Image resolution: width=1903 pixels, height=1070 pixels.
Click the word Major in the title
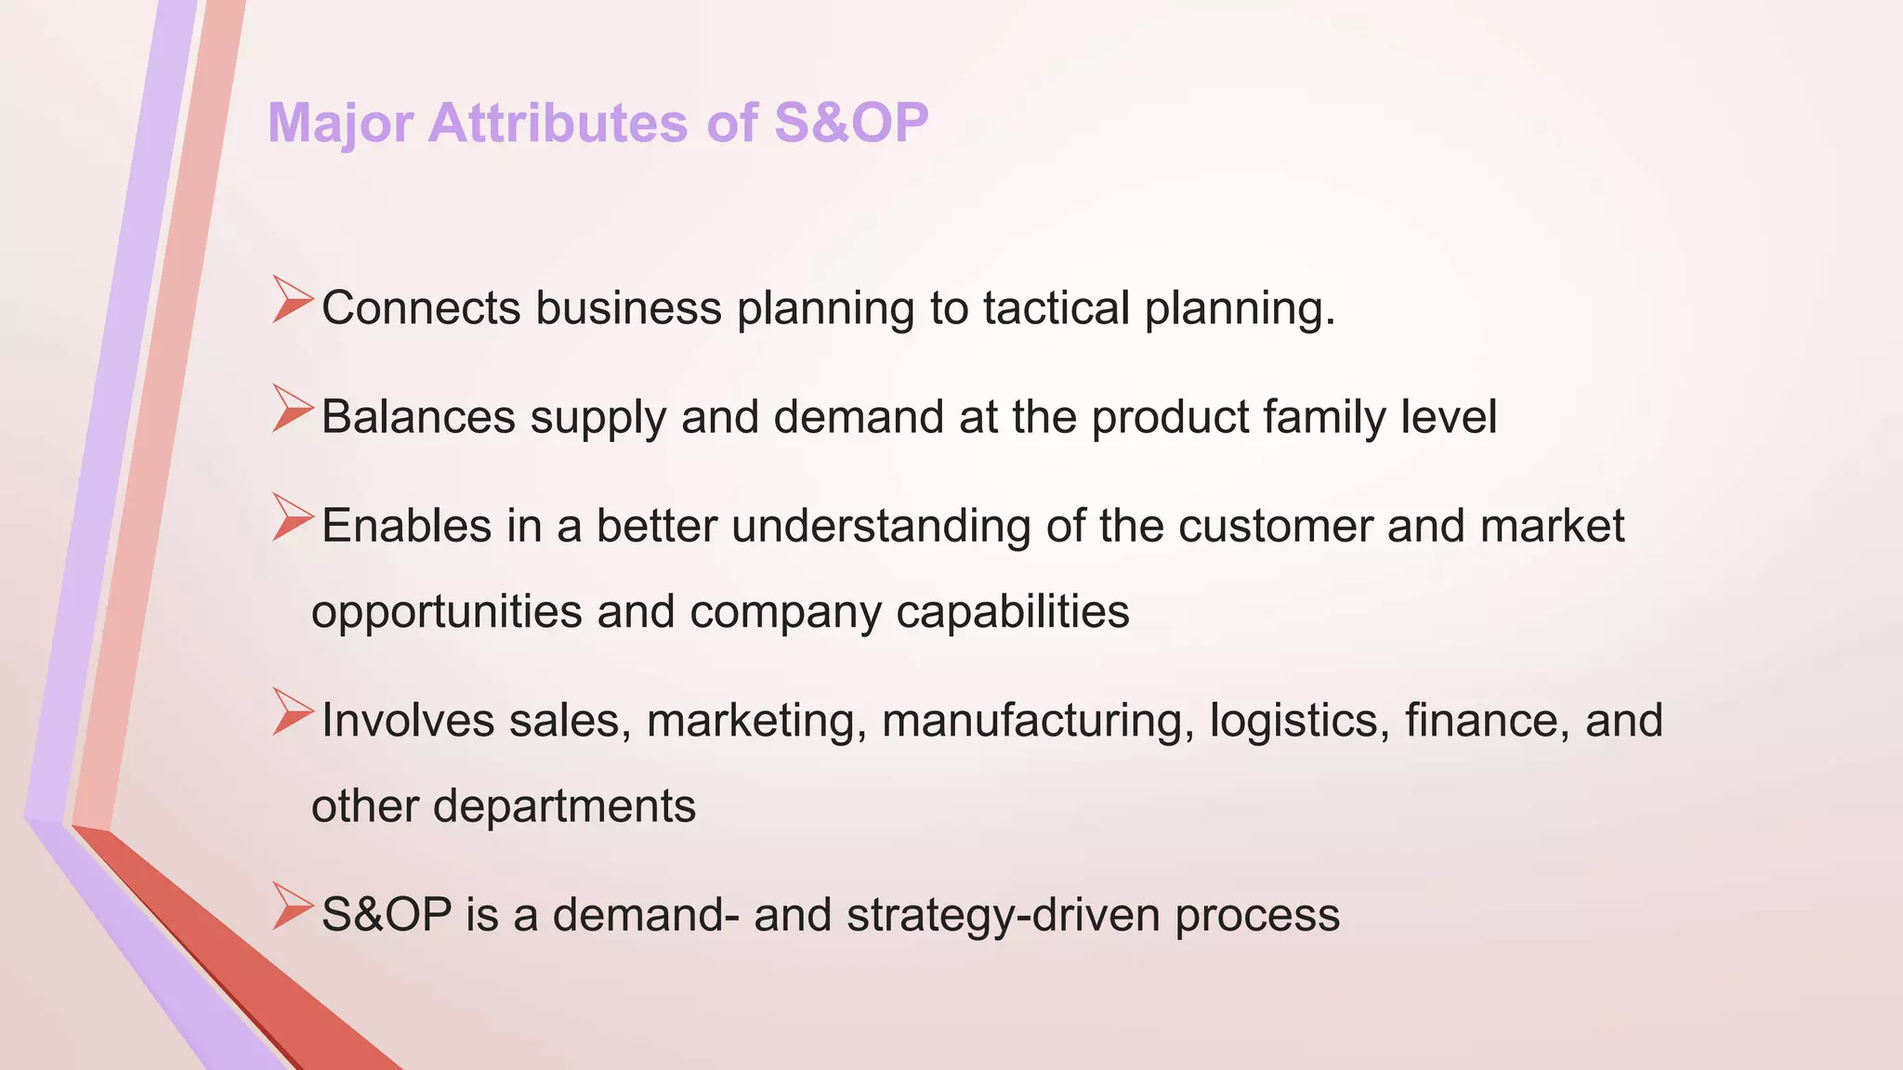340,124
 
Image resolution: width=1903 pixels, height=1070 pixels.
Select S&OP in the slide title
850,124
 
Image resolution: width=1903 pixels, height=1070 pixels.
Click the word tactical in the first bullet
1056,308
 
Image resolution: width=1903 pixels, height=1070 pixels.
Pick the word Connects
421,308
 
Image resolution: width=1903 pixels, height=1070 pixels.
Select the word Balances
418,417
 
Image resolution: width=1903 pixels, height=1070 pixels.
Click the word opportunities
447,613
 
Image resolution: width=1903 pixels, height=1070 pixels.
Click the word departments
564,806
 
